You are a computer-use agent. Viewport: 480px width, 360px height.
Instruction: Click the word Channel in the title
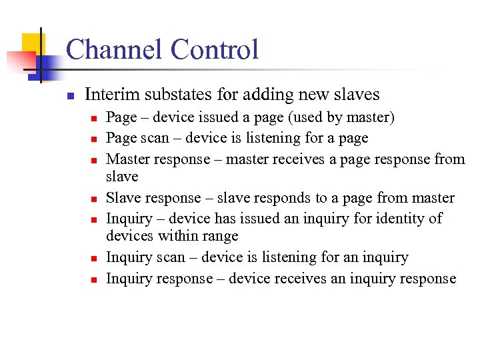[x=113, y=50]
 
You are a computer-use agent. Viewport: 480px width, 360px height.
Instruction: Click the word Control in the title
[x=214, y=50]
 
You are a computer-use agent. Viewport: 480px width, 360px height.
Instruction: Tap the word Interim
[x=109, y=95]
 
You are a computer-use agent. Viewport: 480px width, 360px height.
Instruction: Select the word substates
[x=172, y=95]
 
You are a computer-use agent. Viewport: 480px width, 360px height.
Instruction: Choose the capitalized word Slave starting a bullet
[x=122, y=198]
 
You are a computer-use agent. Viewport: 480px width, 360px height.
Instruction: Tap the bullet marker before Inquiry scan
[x=95, y=258]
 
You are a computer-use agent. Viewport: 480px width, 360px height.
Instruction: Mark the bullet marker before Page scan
[x=95, y=139]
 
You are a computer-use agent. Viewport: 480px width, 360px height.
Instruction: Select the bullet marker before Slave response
[x=95, y=199]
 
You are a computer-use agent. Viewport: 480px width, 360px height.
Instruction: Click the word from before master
[x=392, y=198]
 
